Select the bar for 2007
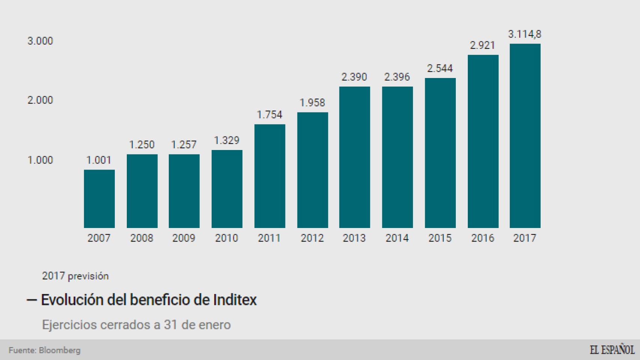[99, 199]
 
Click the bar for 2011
[269, 176]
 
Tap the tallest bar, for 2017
[525, 136]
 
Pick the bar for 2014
[397, 157]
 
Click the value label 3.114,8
[524, 34]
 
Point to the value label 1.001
[99, 160]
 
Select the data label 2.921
[482, 45]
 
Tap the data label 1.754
[269, 114]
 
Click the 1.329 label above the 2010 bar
[227, 140]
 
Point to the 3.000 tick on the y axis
[40, 41]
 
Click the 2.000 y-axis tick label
[40, 100]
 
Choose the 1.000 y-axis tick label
[40, 160]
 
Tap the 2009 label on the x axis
[184, 238]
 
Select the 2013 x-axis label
[354, 238]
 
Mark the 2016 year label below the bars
[482, 238]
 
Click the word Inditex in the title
[235, 300]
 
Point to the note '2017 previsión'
[75, 276]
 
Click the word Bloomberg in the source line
[60, 350]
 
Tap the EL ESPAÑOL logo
[612, 350]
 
